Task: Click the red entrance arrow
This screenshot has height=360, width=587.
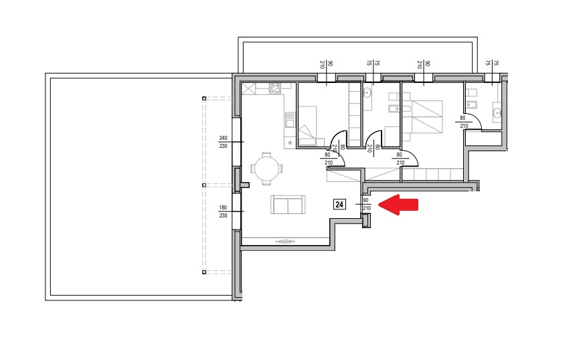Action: coord(398,205)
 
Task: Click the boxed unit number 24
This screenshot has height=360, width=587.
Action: coord(339,204)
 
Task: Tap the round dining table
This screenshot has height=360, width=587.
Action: coord(266,169)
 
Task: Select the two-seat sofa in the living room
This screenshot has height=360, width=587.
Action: coord(288,204)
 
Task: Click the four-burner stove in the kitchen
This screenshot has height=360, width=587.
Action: coord(275,88)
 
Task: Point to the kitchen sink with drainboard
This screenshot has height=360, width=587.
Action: coord(289,119)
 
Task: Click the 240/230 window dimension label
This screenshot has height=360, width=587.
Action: coord(223,142)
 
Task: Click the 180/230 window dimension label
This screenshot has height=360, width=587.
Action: coord(223,211)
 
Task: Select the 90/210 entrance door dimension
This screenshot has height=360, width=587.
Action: coord(367,204)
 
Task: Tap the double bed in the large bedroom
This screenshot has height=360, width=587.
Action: coord(427,116)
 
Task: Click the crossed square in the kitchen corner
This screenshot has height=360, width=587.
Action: coord(248,89)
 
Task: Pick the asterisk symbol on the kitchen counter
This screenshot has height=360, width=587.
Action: coord(290,143)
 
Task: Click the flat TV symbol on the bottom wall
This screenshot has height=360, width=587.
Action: coord(285,242)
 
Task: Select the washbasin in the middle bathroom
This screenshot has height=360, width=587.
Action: coord(366,92)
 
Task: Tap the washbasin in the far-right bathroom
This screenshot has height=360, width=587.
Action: coord(497,112)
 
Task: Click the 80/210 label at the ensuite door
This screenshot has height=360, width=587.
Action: coord(463,122)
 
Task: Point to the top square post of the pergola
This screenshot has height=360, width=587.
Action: coord(204,98)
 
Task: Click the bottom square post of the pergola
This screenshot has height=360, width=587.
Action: coord(204,272)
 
